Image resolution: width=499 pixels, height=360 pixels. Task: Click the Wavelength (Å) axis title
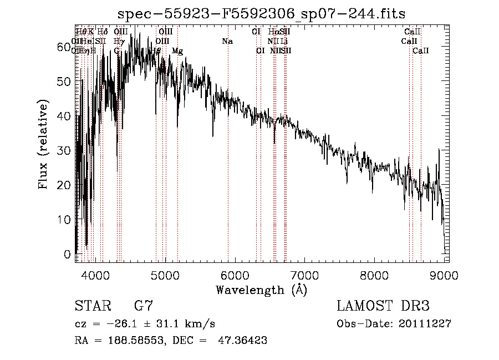(x=261, y=290)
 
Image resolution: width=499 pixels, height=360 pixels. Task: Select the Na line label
(x=227, y=42)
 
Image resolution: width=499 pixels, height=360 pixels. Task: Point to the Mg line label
(x=177, y=51)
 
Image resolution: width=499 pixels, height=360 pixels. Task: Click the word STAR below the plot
(x=92, y=306)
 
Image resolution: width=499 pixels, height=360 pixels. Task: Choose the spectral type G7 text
(x=144, y=306)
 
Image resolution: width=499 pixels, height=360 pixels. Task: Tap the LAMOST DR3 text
(x=383, y=306)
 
